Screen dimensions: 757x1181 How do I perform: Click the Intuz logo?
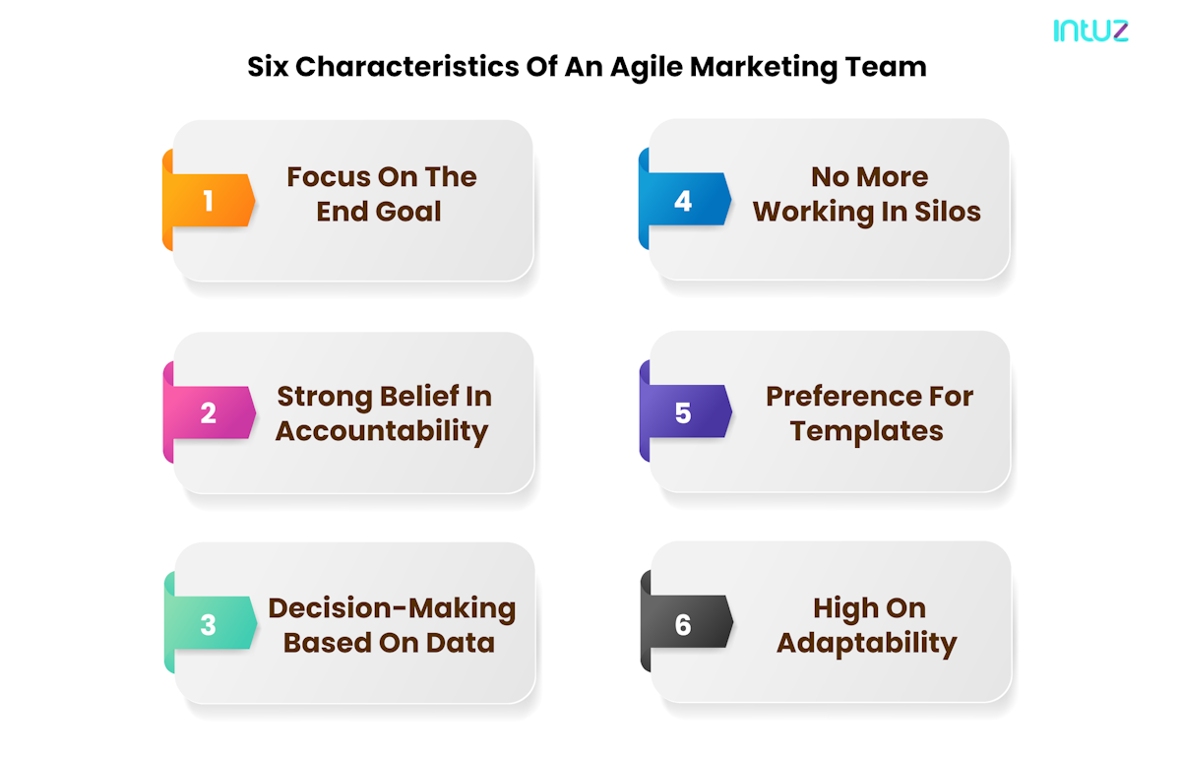coord(1090,31)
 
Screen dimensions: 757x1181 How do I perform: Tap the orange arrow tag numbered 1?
coord(209,201)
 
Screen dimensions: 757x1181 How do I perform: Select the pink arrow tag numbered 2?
coord(209,412)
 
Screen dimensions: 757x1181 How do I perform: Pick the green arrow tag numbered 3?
coord(209,625)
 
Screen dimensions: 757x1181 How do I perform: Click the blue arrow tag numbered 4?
coord(684,201)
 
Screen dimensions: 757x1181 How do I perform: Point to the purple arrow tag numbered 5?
coord(684,412)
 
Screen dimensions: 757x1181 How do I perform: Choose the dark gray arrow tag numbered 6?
coord(684,625)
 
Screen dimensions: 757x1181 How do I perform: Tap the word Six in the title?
coord(268,67)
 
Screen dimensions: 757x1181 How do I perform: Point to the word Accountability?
coord(382,431)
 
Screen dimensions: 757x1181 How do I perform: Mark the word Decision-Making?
coord(392,608)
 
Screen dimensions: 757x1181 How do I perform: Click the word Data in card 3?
coord(460,643)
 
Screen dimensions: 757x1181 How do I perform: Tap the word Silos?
coord(946,212)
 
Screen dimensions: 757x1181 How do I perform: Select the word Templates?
coord(866,431)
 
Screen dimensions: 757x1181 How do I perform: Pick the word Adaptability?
coord(866,643)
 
